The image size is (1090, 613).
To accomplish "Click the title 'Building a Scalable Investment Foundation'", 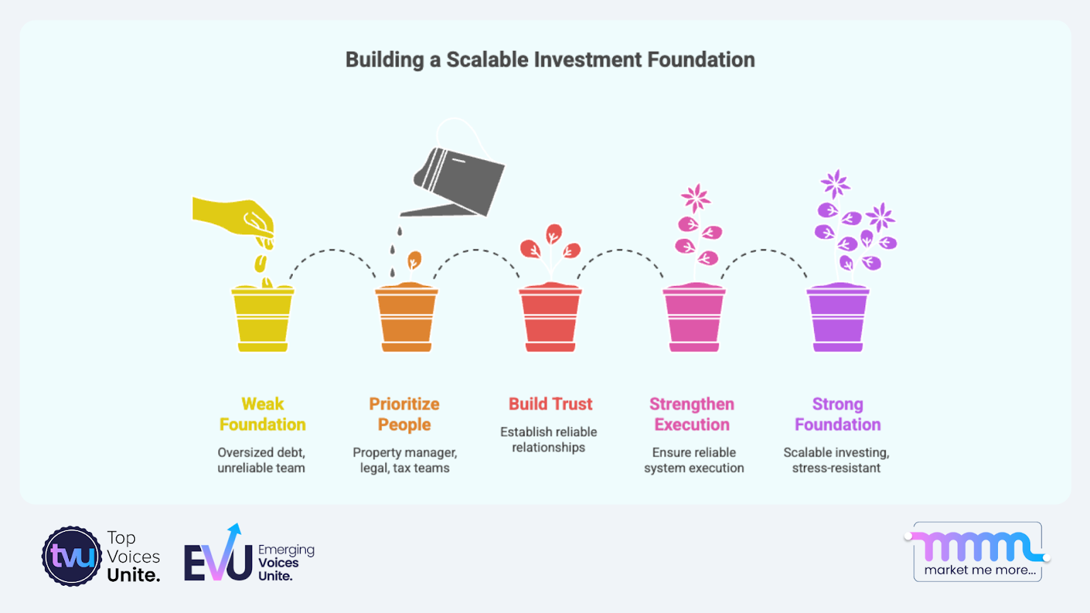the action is coord(550,60).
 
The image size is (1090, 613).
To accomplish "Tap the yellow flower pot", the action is coord(263,318).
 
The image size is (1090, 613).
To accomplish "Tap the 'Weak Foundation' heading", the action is coord(262,414).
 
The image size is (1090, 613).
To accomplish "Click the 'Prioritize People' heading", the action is coord(405,414).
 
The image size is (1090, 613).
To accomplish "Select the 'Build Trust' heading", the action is coord(550,404).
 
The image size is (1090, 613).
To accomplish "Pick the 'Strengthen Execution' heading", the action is coord(692,414).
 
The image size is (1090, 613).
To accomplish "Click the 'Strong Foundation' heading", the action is coord(837,414).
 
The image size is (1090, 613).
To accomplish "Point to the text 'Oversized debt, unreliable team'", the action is coord(262,460).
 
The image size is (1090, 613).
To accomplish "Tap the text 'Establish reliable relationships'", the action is coord(548,440).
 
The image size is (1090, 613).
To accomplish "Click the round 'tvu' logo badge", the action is coord(72,556).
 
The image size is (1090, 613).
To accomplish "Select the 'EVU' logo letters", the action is coord(218,554).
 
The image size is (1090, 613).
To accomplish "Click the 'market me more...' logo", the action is coord(978,552).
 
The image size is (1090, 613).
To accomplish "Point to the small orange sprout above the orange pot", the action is coord(414,260).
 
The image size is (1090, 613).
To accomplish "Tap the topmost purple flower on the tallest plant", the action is coord(835,183).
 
